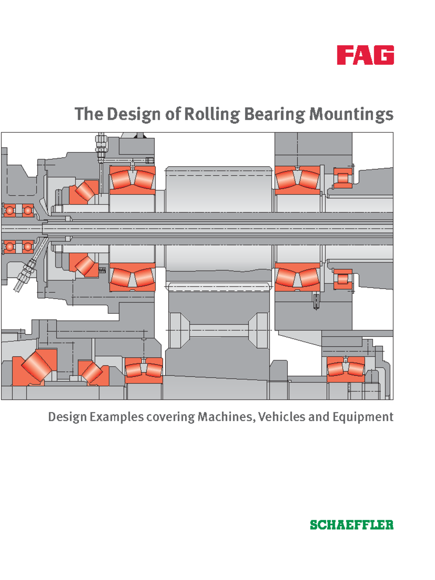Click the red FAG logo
pyautogui.click(x=365, y=55)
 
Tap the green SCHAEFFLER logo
pyautogui.click(x=351, y=525)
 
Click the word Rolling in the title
pyautogui.click(x=212, y=114)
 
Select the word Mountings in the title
pyautogui.click(x=351, y=114)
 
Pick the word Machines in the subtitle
pyautogui.click(x=226, y=416)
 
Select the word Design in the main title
pyautogui.click(x=133, y=114)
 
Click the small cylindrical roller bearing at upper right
pyautogui.click(x=343, y=178)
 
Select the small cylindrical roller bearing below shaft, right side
pyautogui.click(x=343, y=279)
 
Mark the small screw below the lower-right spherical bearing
pyautogui.click(x=316, y=301)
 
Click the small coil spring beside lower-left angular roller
pyautogui.click(x=102, y=270)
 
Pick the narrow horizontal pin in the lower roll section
pyautogui.click(x=219, y=330)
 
